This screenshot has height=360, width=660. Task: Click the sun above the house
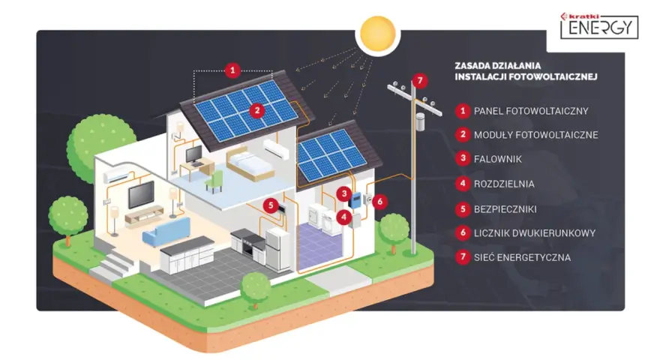pyautogui.click(x=377, y=34)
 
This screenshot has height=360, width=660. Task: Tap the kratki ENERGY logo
pyautogui.click(x=599, y=25)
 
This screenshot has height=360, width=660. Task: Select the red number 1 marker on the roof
pyautogui.click(x=232, y=70)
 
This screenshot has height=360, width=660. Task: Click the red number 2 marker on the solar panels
pyautogui.click(x=256, y=111)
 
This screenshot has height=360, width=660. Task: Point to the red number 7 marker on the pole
pyautogui.click(x=420, y=80)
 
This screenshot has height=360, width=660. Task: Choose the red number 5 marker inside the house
pyautogui.click(x=271, y=205)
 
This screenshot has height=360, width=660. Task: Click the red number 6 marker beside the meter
pyautogui.click(x=379, y=201)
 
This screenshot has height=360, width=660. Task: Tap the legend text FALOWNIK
pyautogui.click(x=497, y=159)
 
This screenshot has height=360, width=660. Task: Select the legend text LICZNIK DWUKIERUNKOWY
pyautogui.click(x=535, y=232)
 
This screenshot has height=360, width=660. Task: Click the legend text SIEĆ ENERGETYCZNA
pyautogui.click(x=522, y=257)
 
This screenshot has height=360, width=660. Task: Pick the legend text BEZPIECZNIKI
pyautogui.click(x=505, y=209)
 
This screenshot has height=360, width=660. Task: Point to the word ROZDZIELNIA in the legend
pyautogui.click(x=504, y=184)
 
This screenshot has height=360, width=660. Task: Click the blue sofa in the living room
pyautogui.click(x=166, y=232)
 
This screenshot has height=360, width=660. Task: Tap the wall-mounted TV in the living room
pyautogui.click(x=141, y=194)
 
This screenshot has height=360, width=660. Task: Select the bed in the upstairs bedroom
pyautogui.click(x=249, y=165)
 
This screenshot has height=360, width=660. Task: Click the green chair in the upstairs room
pyautogui.click(x=214, y=181)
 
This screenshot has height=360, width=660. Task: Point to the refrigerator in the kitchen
pyautogui.click(x=277, y=249)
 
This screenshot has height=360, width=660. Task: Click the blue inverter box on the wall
pyautogui.click(x=355, y=200)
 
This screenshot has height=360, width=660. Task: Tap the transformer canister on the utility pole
pyautogui.click(x=420, y=121)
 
